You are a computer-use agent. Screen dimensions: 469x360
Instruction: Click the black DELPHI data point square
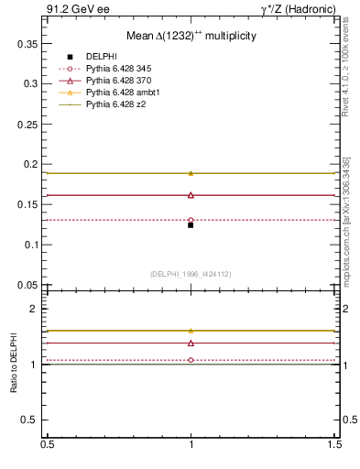click(191, 224)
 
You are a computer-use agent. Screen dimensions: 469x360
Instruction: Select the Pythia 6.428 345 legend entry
click(115, 69)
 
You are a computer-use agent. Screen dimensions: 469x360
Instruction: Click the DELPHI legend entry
click(101, 57)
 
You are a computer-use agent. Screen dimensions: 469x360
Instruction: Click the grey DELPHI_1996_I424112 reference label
click(190, 273)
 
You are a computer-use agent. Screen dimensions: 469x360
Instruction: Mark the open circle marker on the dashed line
click(191, 220)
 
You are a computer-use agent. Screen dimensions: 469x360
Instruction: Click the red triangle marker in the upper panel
click(191, 194)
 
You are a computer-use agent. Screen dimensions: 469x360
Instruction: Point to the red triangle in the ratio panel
click(191, 343)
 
